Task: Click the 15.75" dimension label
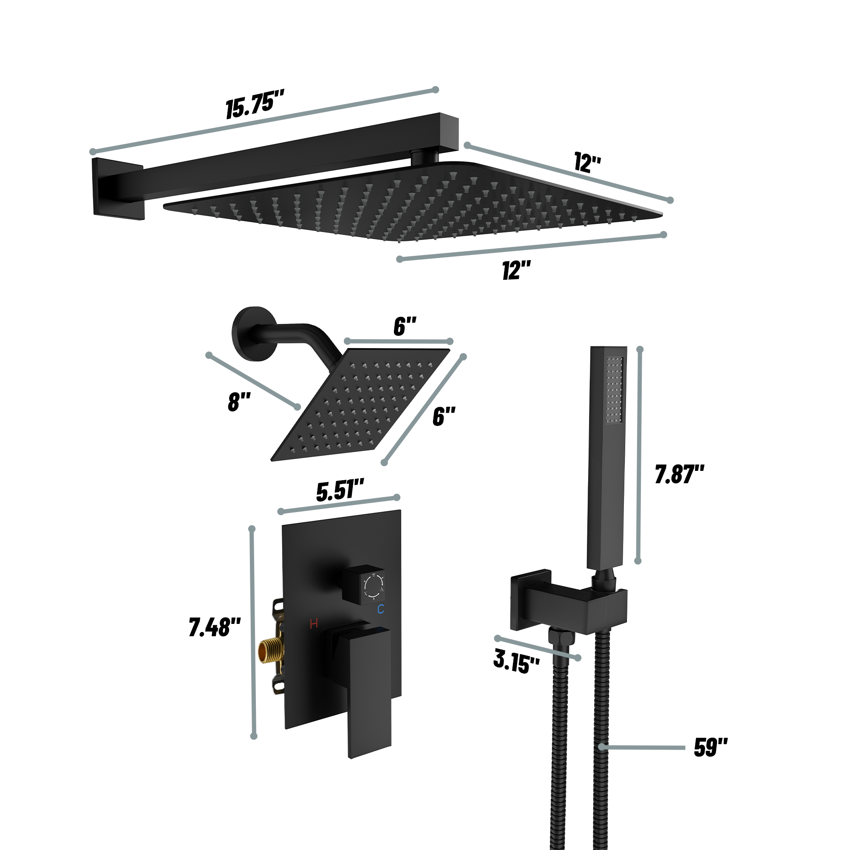coord(255,103)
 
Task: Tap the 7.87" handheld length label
coord(679,474)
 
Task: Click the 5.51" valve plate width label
coord(340,490)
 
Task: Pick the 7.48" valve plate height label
coord(215,627)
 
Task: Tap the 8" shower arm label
coord(239,402)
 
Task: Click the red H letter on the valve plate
coord(314,623)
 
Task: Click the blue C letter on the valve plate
coord(380,609)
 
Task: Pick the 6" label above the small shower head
coord(404,326)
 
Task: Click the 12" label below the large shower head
coord(516,270)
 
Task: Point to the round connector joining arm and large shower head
coord(425,157)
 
